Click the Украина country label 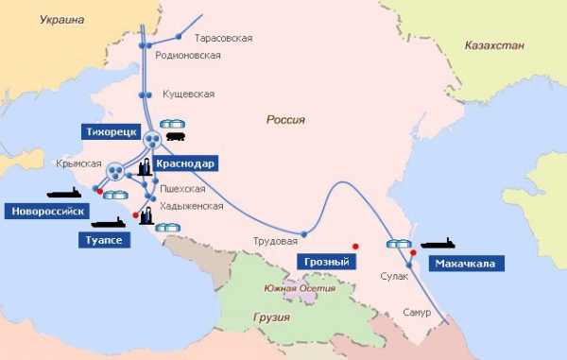point(60,18)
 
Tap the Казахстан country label point(492,44)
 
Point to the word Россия point(285,120)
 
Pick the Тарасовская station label point(223,39)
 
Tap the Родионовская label point(193,55)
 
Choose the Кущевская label point(187,94)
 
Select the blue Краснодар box point(190,163)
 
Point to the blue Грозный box point(325,261)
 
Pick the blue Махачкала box point(465,263)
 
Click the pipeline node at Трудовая point(303,233)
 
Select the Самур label point(416,312)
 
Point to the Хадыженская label point(193,206)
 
